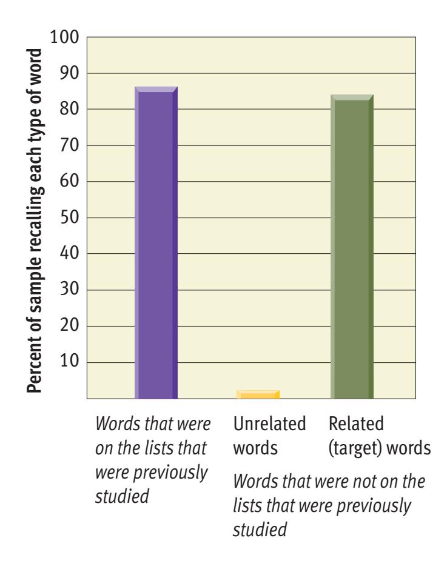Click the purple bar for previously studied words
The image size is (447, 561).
click(156, 242)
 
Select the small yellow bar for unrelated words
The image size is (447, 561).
click(258, 395)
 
